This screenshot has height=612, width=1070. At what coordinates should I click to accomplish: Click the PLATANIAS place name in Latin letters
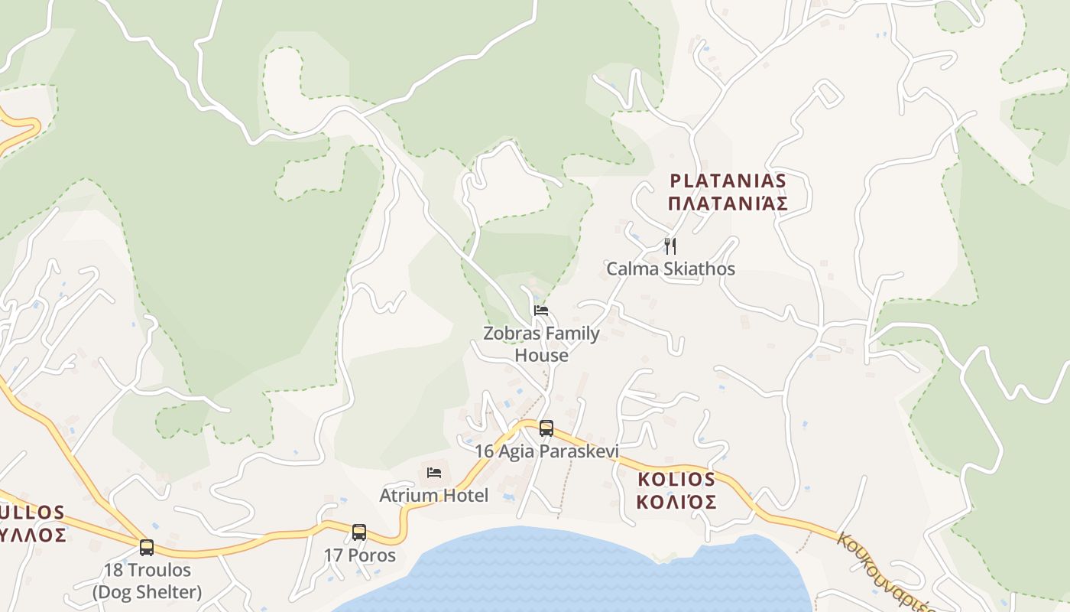tap(728, 181)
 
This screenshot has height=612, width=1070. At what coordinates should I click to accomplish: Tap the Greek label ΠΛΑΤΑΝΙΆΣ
tap(728, 204)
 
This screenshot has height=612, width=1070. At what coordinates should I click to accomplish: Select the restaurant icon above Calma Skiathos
tap(670, 246)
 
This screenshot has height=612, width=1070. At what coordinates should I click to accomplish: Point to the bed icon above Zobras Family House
tap(541, 310)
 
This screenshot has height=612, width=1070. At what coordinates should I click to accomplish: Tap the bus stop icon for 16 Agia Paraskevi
tap(546, 428)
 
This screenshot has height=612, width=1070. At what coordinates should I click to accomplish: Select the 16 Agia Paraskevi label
tap(546, 451)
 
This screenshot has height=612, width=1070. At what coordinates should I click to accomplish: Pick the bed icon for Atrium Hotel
tap(434, 472)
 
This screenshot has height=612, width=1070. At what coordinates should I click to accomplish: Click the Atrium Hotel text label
tap(433, 496)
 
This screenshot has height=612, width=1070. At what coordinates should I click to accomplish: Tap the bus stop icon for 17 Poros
tap(359, 532)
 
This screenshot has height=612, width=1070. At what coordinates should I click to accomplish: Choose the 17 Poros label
tap(359, 555)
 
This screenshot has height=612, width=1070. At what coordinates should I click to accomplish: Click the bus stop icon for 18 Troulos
tap(147, 547)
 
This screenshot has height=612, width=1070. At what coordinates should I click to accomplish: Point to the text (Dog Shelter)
tap(147, 592)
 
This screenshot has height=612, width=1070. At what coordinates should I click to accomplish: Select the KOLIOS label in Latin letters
tap(676, 480)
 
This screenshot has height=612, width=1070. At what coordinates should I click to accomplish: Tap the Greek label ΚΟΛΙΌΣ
tap(676, 503)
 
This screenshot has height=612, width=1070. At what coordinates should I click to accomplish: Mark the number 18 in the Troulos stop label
tap(113, 571)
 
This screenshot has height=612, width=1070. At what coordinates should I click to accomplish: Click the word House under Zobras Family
tap(541, 356)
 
